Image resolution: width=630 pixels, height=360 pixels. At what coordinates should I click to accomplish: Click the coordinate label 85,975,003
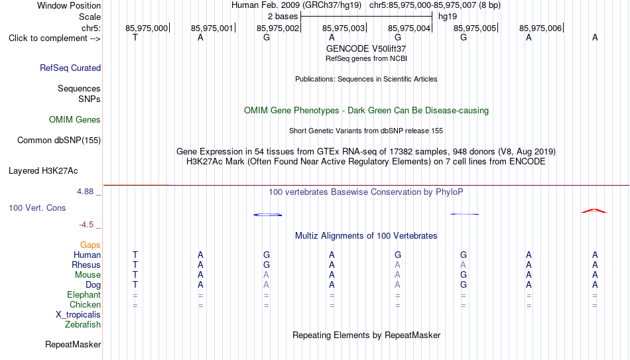(x=344, y=28)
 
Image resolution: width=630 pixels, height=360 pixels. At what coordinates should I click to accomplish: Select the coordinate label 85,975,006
(x=540, y=28)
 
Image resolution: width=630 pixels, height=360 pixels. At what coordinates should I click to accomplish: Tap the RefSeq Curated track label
(x=70, y=68)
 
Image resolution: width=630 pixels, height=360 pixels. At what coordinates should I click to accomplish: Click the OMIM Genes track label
(x=75, y=120)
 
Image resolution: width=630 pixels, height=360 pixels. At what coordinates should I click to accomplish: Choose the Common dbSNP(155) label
(x=59, y=141)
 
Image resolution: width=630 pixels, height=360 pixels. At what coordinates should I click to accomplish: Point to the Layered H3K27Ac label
(x=43, y=171)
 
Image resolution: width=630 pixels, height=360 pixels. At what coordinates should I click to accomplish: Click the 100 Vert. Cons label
(x=37, y=208)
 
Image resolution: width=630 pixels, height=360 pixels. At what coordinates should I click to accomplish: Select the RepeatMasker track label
(x=73, y=344)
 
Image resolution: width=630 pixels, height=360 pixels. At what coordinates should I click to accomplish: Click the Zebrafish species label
(x=83, y=324)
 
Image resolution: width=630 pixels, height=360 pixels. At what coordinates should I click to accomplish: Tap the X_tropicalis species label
(x=78, y=315)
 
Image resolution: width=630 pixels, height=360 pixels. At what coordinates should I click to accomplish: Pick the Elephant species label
(x=84, y=294)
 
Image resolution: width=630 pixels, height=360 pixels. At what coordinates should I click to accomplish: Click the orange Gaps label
(x=90, y=245)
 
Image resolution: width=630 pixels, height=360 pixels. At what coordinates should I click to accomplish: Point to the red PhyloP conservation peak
(x=594, y=210)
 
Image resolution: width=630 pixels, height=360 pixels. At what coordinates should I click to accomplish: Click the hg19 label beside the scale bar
(x=448, y=17)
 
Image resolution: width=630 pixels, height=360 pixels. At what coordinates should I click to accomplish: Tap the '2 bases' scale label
(x=283, y=17)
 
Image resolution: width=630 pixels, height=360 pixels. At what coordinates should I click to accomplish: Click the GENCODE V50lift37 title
(x=366, y=48)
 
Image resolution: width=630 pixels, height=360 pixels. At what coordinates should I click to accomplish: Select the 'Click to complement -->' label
(x=54, y=38)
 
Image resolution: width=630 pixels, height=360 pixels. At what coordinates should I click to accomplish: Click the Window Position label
(x=69, y=5)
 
